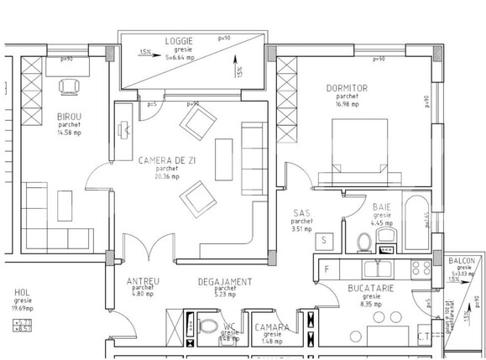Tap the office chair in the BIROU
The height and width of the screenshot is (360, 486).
pyautogui.click(x=68, y=86)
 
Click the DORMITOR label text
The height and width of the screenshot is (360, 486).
pyautogui.click(x=347, y=87)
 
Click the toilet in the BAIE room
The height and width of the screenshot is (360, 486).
pyautogui.click(x=364, y=242)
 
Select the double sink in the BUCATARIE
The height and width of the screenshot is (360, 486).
pyautogui.click(x=378, y=270)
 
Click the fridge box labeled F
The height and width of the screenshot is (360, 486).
pyautogui.click(x=327, y=269)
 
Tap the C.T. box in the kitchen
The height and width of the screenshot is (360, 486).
pyautogui.click(x=425, y=336)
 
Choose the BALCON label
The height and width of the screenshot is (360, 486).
pyautogui.click(x=462, y=261)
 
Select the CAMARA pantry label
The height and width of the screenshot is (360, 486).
pyautogui.click(x=273, y=327)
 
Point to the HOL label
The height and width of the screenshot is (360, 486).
pyautogui.click(x=23, y=293)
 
